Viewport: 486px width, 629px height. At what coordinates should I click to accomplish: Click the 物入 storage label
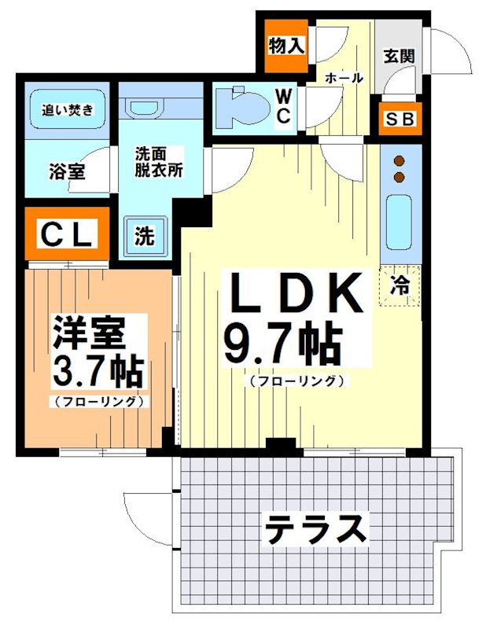coord(286,46)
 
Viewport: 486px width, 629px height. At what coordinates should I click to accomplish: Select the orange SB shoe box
coord(401,120)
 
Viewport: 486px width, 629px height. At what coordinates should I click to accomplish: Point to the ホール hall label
coord(344,78)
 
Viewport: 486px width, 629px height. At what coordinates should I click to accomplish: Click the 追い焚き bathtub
coord(68,109)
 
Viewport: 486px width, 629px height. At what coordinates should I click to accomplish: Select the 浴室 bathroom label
coord(67,171)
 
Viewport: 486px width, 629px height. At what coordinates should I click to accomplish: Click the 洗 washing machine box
coord(145,236)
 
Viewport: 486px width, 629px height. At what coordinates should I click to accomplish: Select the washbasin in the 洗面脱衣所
coord(148,105)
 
